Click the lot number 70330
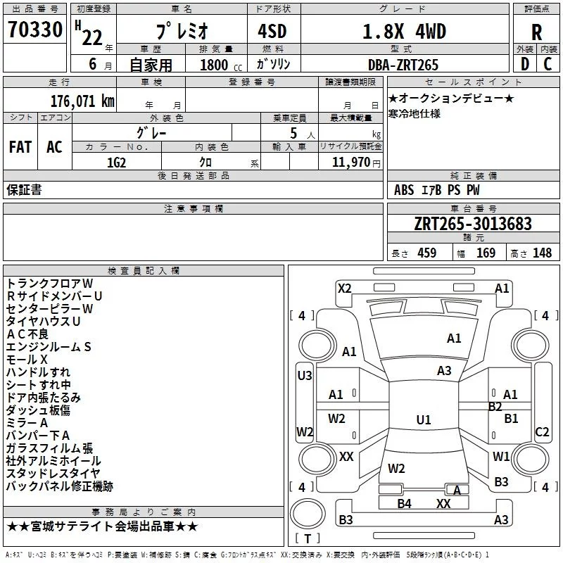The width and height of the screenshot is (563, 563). pyautogui.click(x=35, y=30)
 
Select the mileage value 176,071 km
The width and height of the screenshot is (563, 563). pyautogui.click(x=82, y=101)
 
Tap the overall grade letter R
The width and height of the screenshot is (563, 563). pyautogui.click(x=536, y=32)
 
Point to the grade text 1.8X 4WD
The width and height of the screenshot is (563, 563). pyautogui.click(x=404, y=31)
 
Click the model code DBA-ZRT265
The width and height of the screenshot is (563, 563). pyautogui.click(x=403, y=65)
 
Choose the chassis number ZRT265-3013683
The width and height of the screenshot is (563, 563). pyautogui.click(x=473, y=224)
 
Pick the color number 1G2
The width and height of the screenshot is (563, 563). pyautogui.click(x=116, y=163)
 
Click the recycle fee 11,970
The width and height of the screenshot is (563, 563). pyautogui.click(x=350, y=163)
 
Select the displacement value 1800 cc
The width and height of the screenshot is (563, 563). pyautogui.click(x=221, y=65)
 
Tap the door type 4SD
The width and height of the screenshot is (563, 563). pyautogui.click(x=272, y=32)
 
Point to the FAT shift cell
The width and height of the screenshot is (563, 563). pyautogui.click(x=20, y=147)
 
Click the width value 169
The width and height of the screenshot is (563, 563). pyautogui.click(x=486, y=253)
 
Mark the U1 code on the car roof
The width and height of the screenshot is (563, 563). pyautogui.click(x=424, y=419)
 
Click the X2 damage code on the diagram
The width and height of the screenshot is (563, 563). pyautogui.click(x=344, y=289)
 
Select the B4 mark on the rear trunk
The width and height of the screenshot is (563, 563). pyautogui.click(x=404, y=503)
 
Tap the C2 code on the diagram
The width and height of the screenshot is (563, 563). pyautogui.click(x=542, y=431)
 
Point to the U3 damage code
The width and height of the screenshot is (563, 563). pyautogui.click(x=305, y=376)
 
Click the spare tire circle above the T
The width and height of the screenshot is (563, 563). pyautogui.click(x=308, y=514)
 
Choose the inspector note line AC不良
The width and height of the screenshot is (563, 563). pyautogui.click(x=27, y=334)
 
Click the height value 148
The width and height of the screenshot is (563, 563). pyautogui.click(x=542, y=253)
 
